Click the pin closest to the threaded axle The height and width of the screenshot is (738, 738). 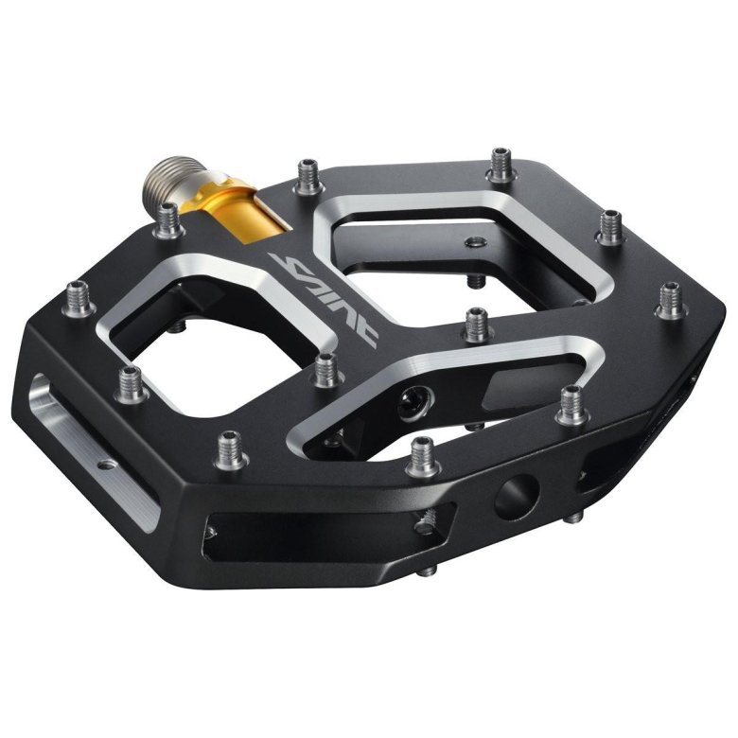170,220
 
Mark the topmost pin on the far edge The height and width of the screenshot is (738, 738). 499,167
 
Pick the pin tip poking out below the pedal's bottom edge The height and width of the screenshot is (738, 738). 429,569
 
